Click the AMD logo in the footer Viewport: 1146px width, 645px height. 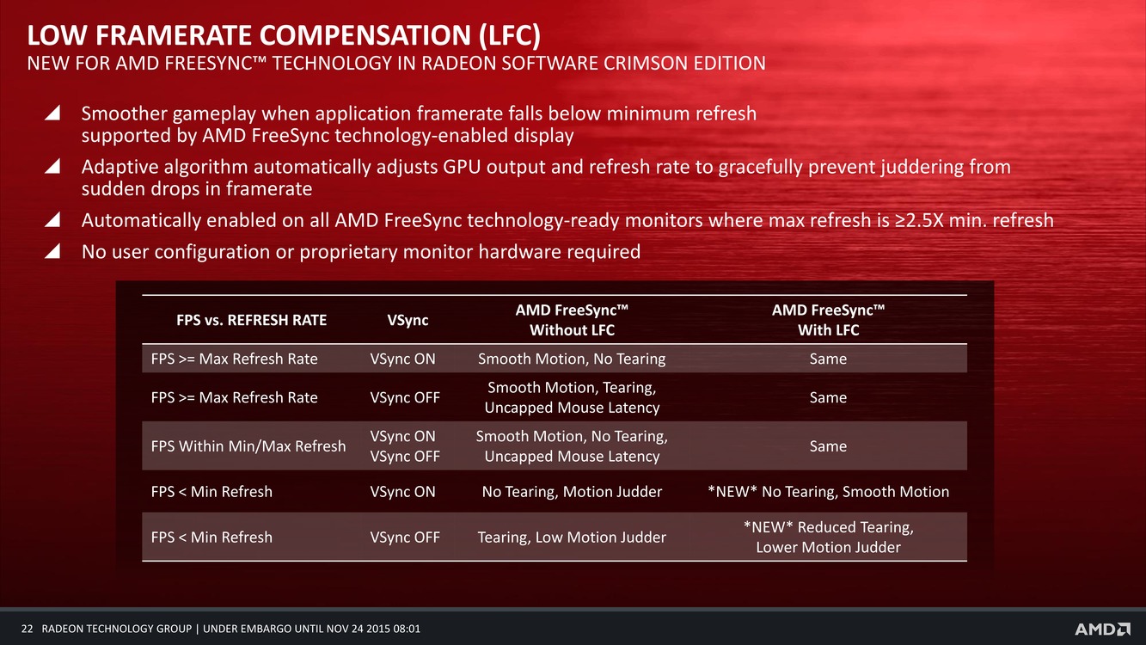1102,629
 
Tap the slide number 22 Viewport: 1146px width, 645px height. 28,629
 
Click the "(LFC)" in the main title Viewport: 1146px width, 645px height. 510,35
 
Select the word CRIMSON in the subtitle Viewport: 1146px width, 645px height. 647,64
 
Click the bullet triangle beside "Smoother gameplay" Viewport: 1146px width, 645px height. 52,113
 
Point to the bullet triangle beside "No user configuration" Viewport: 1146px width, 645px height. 52,251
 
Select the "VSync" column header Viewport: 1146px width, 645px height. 408,320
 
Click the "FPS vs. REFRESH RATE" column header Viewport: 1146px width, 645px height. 251,320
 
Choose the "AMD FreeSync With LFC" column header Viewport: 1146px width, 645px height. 828,320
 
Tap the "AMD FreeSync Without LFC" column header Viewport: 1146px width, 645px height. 572,320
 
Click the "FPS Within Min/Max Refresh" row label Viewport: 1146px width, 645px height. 248,446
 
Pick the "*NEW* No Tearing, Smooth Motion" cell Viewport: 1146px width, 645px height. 828,491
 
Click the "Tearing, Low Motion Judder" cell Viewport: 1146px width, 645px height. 572,537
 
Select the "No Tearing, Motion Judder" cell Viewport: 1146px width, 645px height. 572,491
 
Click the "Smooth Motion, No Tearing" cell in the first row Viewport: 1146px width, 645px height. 572,359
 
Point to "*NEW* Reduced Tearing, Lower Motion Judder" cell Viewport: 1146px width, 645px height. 828,537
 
